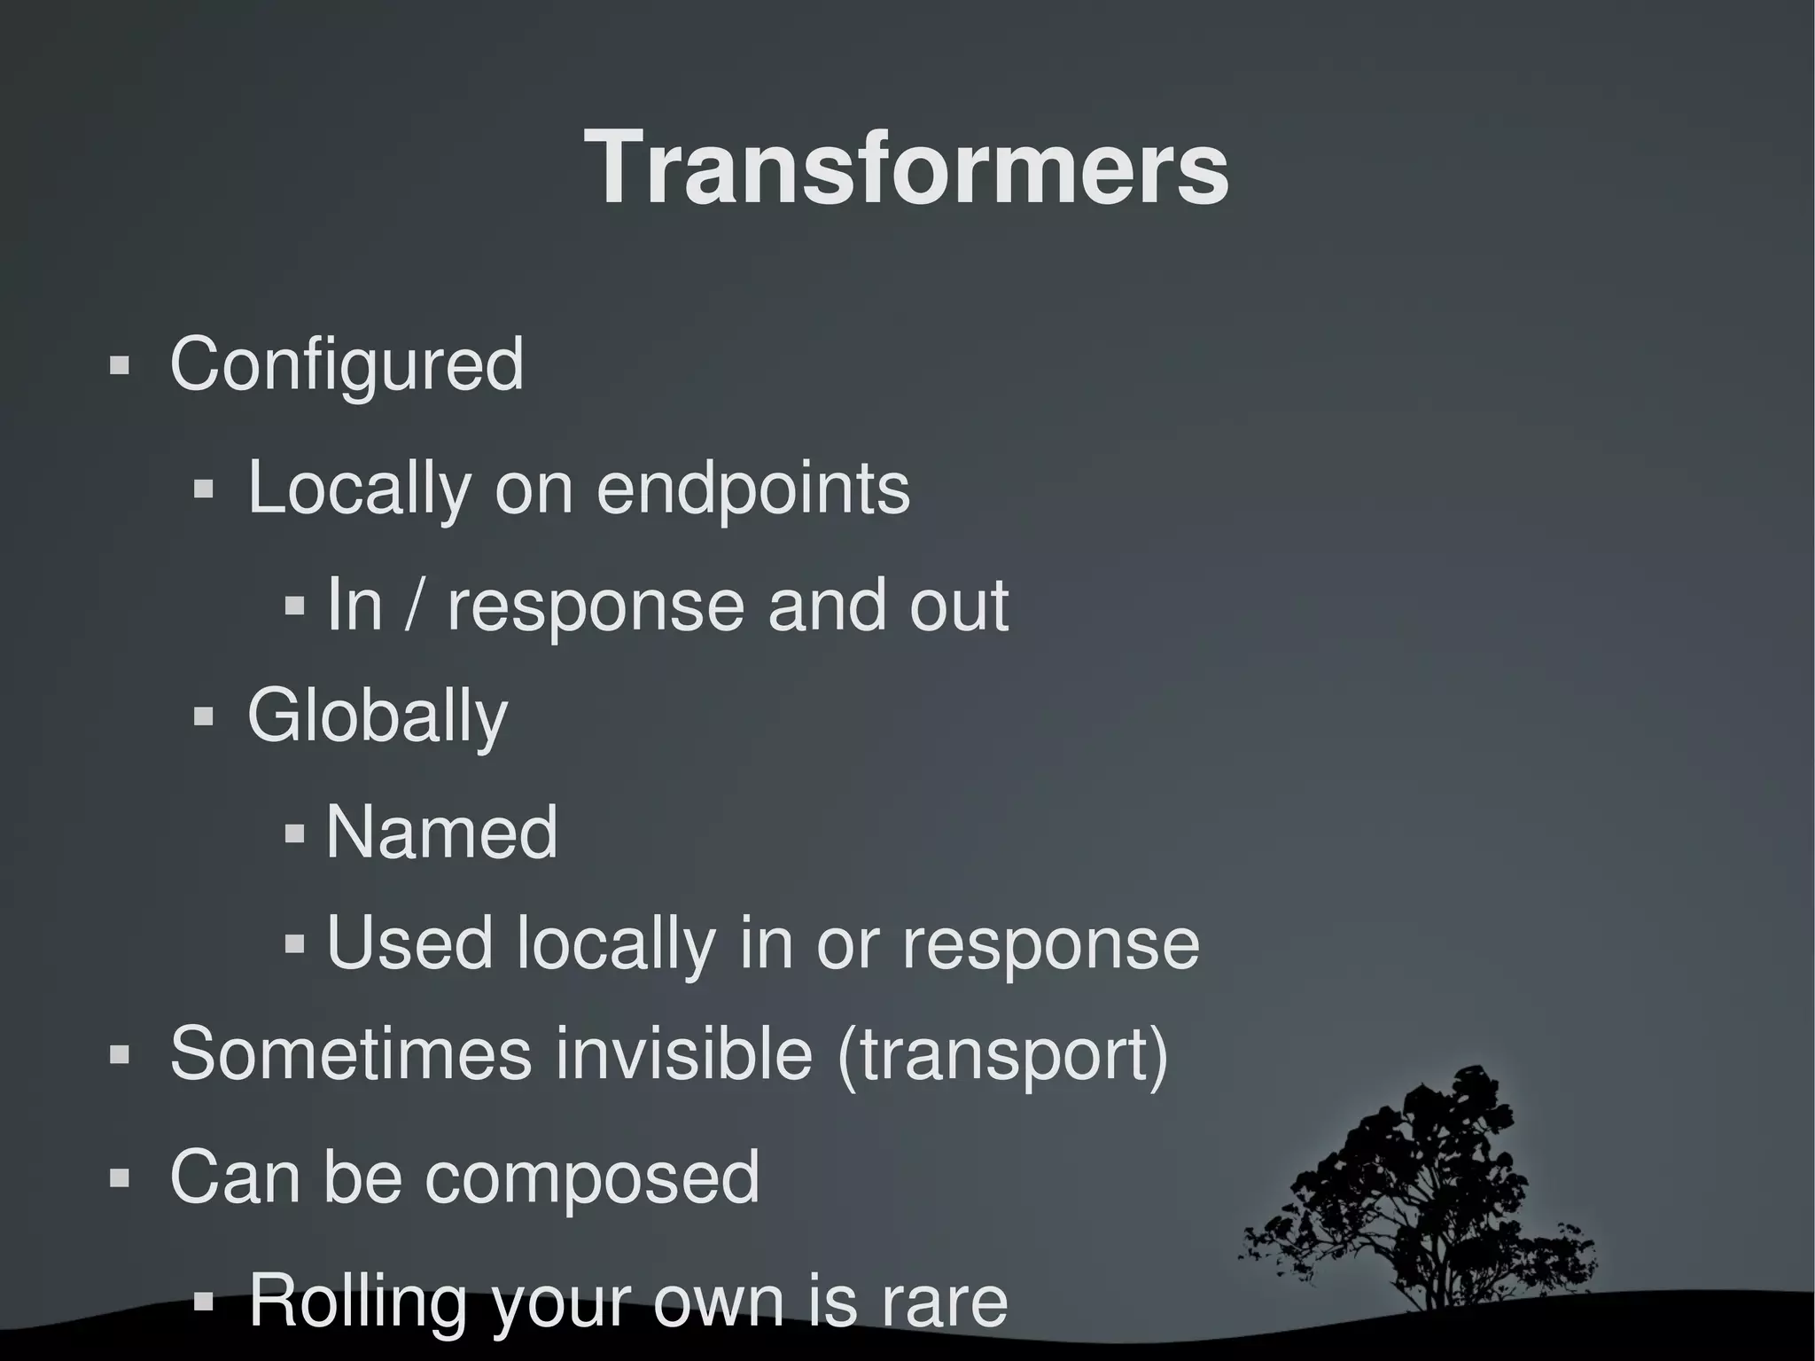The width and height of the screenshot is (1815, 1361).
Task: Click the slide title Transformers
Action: click(x=907, y=168)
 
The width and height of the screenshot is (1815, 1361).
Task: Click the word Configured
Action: click(x=347, y=364)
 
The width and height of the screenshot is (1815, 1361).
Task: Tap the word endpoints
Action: click(x=752, y=489)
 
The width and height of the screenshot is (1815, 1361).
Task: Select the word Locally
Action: click(x=359, y=489)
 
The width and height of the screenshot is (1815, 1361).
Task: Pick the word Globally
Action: click(x=377, y=717)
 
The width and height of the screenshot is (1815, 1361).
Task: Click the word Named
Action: click(x=441, y=833)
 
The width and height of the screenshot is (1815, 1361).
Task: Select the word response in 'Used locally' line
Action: click(x=1050, y=945)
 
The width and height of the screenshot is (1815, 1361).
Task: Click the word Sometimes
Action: click(x=351, y=1054)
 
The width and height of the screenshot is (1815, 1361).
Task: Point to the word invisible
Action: click(x=684, y=1054)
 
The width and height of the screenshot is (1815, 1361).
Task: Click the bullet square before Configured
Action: click(x=119, y=365)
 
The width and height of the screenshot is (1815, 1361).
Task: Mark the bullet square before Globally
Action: click(x=203, y=716)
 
